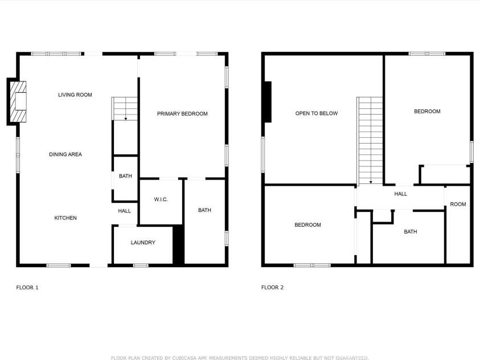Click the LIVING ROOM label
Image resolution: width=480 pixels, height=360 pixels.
(75, 95)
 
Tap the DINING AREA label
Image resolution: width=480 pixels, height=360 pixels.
(65, 154)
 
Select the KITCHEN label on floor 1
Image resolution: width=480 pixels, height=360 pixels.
(65, 218)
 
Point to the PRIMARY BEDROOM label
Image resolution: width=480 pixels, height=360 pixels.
(182, 114)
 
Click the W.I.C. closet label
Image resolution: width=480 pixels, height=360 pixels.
(161, 199)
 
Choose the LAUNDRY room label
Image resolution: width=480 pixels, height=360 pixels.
(143, 243)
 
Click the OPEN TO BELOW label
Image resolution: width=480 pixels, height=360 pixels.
(316, 113)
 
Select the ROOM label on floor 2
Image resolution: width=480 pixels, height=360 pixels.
(458, 204)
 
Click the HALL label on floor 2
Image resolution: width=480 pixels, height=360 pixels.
(400, 194)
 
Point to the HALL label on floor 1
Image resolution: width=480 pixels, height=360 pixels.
(124, 211)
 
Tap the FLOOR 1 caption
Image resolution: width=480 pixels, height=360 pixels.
(27, 288)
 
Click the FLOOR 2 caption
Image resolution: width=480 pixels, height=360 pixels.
(272, 288)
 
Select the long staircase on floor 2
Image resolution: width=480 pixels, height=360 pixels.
(370, 140)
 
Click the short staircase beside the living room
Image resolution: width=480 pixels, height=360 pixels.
(125, 108)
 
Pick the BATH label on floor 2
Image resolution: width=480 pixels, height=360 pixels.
(410, 232)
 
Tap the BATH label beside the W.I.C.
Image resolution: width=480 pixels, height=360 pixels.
(204, 210)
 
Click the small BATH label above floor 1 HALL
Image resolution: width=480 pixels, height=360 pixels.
(125, 176)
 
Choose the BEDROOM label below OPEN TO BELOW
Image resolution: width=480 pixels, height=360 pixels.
(307, 225)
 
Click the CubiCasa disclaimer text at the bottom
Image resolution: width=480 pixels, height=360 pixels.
(240, 358)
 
